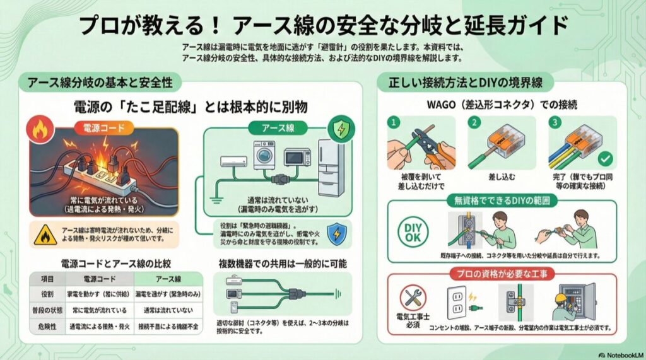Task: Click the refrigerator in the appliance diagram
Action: click(x=331, y=168)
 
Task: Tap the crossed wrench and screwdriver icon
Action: click(x=413, y=298)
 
